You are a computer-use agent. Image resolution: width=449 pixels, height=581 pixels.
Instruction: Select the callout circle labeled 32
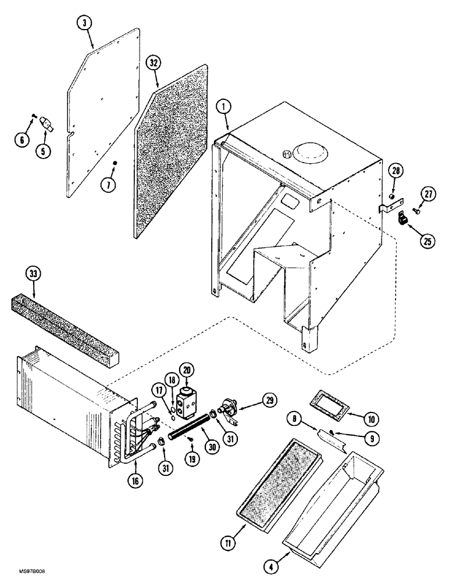(154, 63)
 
